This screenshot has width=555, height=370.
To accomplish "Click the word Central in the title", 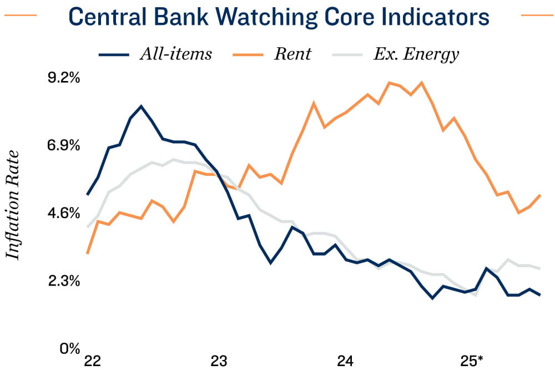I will (109, 17).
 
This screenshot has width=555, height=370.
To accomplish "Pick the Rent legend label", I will (292, 54).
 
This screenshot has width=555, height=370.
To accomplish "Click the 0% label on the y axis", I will (70, 349).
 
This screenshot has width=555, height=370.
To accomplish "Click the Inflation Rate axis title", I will (13, 205).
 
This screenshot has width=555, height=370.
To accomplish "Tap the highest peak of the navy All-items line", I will (142, 106).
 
